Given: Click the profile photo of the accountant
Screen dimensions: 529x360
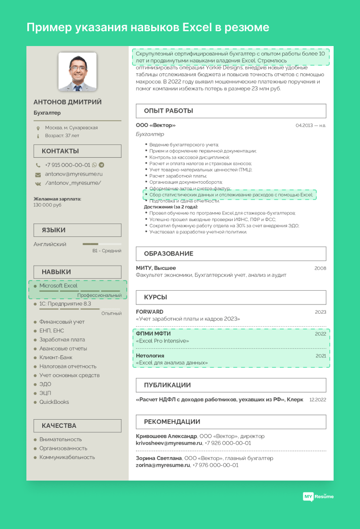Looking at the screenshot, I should point(77,72).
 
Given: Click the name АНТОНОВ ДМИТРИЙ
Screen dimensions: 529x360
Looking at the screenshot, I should point(68,102).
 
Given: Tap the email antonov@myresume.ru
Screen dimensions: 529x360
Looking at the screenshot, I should point(73,174).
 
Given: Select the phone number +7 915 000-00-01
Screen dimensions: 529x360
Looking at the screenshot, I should point(67,165).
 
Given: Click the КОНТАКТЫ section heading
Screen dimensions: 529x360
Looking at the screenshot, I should point(60,151).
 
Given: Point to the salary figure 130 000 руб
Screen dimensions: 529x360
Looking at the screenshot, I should point(48,205).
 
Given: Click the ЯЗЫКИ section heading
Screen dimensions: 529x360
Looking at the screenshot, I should point(53,230).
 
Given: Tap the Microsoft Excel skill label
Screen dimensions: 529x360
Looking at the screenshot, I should point(58,286).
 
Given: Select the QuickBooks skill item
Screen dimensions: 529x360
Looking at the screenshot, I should point(54,402).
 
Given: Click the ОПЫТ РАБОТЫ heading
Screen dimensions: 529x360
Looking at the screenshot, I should point(168,111).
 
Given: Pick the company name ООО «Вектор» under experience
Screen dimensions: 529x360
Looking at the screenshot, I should point(156,125).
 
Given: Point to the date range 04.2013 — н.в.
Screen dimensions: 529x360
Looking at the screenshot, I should point(311,125).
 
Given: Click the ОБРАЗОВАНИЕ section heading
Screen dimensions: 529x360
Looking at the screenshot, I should point(168,254).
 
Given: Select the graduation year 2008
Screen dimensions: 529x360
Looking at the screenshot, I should point(320,268).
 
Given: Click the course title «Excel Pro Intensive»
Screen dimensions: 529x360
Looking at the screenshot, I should point(162,341).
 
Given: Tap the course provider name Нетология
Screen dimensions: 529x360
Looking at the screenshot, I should point(150,356).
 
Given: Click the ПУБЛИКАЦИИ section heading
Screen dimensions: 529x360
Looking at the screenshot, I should point(167,385).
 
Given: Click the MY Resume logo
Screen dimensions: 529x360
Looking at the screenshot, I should point(318,496).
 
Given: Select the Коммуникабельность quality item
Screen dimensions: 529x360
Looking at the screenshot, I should point(67,457).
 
